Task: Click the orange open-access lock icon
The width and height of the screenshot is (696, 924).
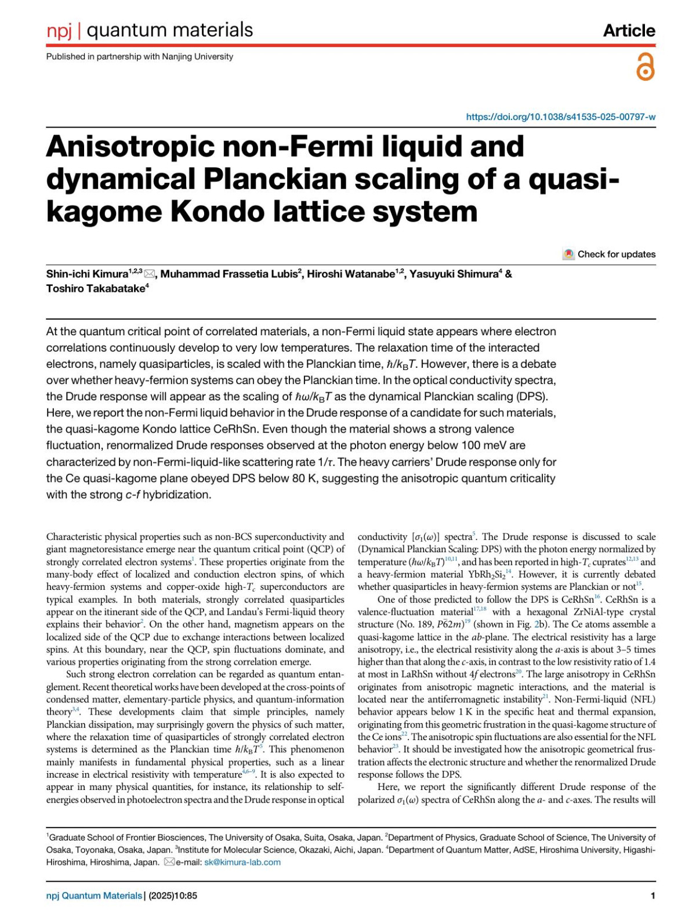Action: (x=645, y=67)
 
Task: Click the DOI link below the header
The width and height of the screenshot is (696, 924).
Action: (x=561, y=117)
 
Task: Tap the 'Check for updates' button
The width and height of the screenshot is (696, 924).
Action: (x=610, y=254)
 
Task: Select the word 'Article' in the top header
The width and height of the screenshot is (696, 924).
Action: (x=629, y=30)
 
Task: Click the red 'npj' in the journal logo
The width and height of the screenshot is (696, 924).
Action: (x=59, y=30)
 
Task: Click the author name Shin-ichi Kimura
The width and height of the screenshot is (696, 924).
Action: (x=87, y=274)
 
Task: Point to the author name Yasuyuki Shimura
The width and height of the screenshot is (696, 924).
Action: (x=454, y=274)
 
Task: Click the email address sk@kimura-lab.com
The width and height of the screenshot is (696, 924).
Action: (x=242, y=862)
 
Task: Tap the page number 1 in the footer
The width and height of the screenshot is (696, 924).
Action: (x=653, y=896)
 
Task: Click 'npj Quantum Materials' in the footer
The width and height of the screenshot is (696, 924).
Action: (x=94, y=896)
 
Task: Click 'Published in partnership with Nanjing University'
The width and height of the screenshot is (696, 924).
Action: (x=140, y=56)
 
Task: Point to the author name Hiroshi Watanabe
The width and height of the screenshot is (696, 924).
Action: (x=350, y=274)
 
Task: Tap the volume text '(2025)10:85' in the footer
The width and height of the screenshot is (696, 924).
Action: (x=173, y=896)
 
